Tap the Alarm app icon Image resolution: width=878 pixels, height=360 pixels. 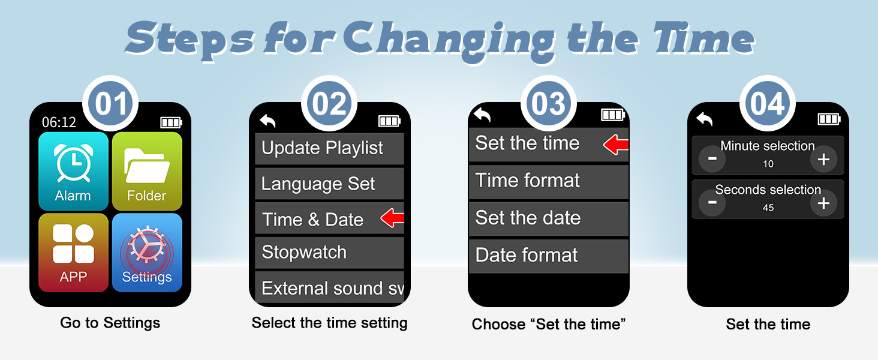point(73,170)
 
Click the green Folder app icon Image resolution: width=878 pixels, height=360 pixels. point(147,170)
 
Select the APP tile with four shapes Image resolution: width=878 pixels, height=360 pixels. point(73,252)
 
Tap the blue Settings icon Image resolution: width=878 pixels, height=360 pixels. point(147,252)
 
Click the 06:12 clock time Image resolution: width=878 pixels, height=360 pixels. point(59,122)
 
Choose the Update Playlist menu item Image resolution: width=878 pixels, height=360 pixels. point(329,148)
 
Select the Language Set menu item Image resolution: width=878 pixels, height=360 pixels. point(329,184)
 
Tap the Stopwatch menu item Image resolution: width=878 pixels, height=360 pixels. point(329,252)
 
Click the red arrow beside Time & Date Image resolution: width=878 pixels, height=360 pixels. point(393,219)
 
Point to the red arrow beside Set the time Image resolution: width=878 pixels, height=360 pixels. point(616,144)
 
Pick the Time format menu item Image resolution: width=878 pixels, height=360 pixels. point(548,181)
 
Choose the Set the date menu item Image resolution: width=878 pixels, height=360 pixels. point(548,218)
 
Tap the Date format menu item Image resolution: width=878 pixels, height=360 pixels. point(548,255)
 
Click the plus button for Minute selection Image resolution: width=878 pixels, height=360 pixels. point(823,159)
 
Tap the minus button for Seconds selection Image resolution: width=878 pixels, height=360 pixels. point(712,203)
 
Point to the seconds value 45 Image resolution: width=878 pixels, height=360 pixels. point(768,208)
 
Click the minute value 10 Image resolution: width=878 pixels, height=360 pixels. point(768,164)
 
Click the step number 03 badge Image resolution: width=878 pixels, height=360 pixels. point(549,104)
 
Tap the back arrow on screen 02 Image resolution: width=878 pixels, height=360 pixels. point(267,121)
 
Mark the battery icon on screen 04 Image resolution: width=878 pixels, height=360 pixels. point(829,119)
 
